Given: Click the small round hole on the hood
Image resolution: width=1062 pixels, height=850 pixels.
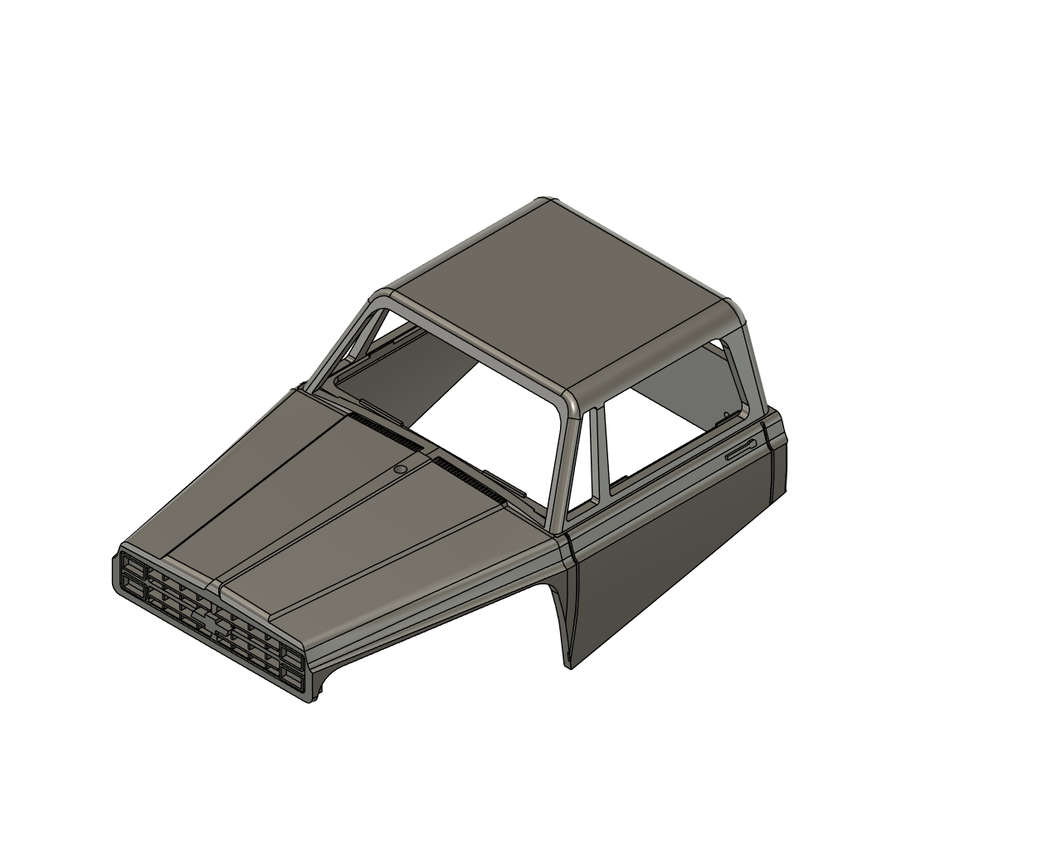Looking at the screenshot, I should (400, 470).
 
